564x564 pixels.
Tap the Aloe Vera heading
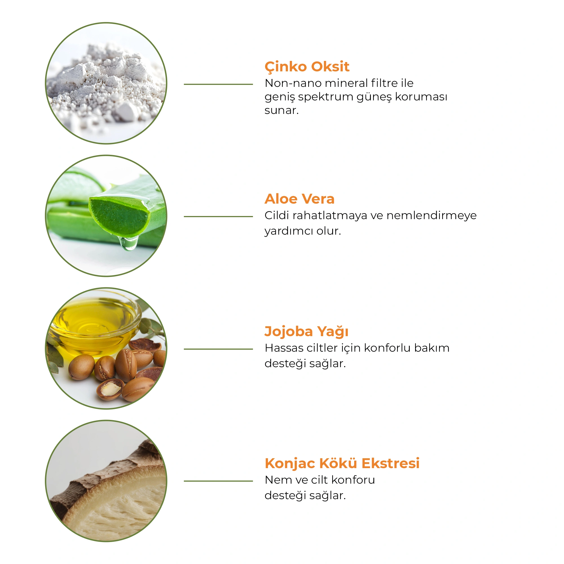(299, 199)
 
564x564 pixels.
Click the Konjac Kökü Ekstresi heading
(342, 463)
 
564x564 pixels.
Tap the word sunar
(281, 111)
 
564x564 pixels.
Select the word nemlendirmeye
(431, 215)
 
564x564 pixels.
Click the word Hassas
(283, 348)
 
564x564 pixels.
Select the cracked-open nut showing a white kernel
(110, 389)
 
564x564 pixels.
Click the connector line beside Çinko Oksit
(218, 84)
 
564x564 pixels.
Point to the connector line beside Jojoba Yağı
(218, 349)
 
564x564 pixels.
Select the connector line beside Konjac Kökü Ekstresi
(218, 481)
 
